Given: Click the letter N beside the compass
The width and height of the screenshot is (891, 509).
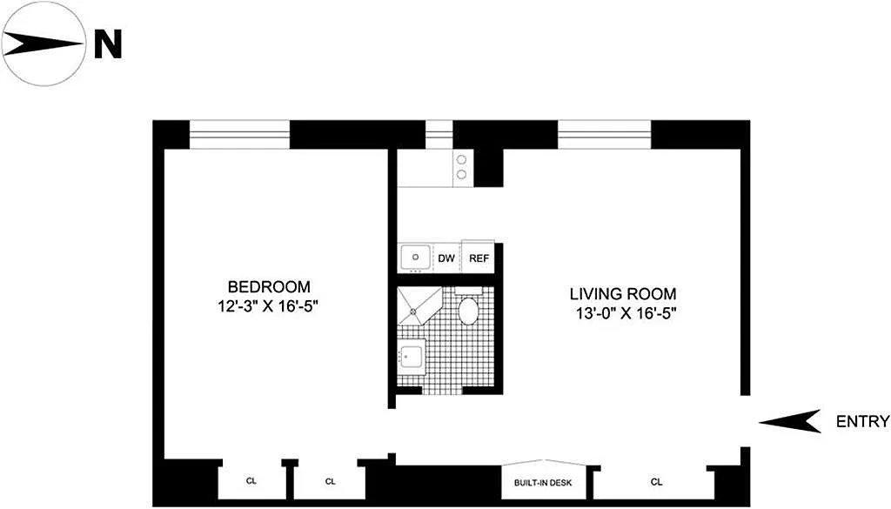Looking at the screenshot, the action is (108, 44).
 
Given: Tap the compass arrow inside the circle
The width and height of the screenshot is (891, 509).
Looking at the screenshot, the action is (43, 44).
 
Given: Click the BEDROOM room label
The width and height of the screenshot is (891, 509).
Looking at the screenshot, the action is (270, 287).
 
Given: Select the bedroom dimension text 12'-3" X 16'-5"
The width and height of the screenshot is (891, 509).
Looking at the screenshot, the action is (267, 307).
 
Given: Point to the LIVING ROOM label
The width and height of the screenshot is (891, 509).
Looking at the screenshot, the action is (623, 294).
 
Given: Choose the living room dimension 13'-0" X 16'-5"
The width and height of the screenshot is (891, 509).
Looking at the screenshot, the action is (626, 313).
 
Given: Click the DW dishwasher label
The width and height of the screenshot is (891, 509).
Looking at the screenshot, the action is (446, 258).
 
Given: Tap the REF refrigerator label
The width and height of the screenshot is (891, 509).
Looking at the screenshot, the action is (479, 258).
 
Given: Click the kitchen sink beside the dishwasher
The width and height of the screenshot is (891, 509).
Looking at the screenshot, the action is (416, 258).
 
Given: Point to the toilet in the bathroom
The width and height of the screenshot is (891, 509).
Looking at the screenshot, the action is (468, 305).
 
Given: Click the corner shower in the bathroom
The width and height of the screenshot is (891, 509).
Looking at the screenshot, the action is (419, 305).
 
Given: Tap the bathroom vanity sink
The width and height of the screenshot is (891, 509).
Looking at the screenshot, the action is (412, 357).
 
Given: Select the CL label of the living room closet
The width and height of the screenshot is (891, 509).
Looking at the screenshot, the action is (656, 482).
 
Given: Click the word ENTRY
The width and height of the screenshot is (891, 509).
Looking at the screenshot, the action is (862, 421).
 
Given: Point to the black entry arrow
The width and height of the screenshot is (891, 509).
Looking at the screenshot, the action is (790, 421).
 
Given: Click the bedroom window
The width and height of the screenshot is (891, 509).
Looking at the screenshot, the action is (239, 135).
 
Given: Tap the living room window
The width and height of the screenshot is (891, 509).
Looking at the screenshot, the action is (604, 135).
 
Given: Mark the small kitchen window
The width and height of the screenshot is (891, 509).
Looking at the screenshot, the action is (439, 135).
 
